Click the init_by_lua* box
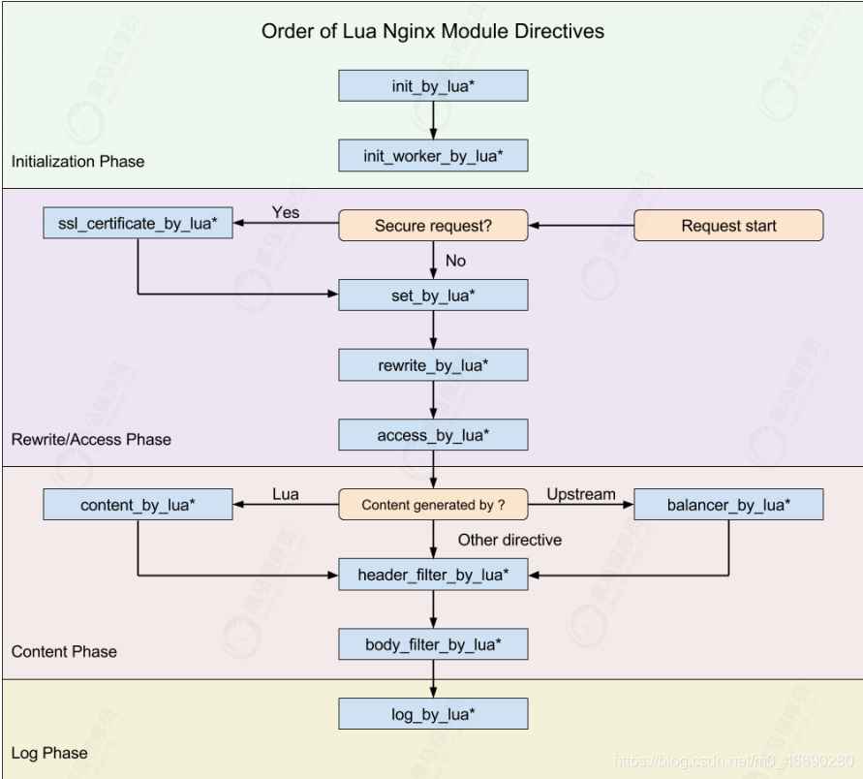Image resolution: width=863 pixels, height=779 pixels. pos(433,86)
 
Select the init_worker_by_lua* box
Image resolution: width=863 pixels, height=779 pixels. pos(433,156)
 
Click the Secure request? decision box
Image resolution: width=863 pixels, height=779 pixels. pos(433,226)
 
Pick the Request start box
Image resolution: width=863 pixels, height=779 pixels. pos(728,226)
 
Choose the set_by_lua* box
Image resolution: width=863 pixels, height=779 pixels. pos(433,296)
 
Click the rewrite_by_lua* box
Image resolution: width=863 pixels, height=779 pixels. pos(433,365)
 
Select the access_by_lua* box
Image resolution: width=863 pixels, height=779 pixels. pos(433,435)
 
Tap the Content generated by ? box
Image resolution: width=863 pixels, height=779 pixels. pos(433,505)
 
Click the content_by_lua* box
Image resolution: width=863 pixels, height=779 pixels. pos(137,505)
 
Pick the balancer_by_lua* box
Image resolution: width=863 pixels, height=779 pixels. pos(728,505)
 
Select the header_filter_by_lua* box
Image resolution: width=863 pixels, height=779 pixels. pos(433,575)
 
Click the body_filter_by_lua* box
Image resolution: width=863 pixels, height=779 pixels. pos(433,644)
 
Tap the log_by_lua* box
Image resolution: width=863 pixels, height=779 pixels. pos(433,714)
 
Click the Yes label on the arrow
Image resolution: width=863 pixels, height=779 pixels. pos(286,212)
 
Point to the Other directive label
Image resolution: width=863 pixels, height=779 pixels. pos(509,540)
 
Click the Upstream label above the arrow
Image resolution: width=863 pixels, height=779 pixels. pos(581,494)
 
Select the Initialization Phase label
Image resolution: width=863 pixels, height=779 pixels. pos(77,161)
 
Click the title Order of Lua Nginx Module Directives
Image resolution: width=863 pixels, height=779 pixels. pos(433,31)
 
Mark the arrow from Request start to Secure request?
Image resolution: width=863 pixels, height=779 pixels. pos(581,226)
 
